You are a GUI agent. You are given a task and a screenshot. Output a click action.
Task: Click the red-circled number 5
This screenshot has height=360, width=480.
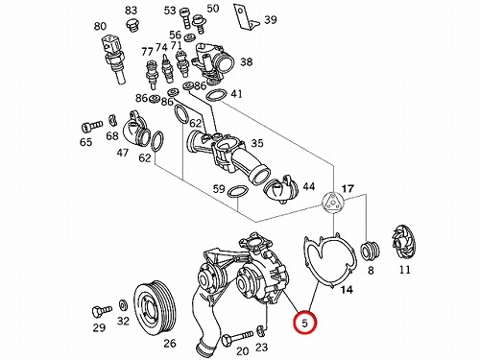point(305,323)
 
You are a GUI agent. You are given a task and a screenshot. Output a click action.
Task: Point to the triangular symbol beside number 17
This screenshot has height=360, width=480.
point(332,204)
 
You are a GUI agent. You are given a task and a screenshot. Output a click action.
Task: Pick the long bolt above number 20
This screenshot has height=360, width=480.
point(237,338)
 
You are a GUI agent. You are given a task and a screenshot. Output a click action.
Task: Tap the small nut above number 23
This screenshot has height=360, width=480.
point(261,330)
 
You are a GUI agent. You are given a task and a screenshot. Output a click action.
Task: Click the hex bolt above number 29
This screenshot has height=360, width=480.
point(102,311)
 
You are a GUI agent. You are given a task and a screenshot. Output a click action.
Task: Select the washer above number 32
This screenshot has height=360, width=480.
point(123,305)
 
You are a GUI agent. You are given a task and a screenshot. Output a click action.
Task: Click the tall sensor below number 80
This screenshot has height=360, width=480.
point(114,59)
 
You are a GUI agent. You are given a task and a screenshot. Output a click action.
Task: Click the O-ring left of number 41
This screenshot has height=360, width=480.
point(216,95)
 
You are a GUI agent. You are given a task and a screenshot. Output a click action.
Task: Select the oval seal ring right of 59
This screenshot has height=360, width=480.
point(237,192)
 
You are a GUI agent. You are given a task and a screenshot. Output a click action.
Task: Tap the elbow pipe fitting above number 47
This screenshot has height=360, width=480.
point(135,130)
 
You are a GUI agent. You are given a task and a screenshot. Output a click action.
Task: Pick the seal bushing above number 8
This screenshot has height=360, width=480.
point(371,251)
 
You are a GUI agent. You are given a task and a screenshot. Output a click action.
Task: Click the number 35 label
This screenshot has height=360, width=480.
point(257,143)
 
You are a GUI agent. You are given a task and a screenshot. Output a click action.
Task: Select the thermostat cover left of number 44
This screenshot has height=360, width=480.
point(280,189)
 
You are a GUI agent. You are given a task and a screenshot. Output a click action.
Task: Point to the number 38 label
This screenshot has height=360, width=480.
point(247,61)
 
